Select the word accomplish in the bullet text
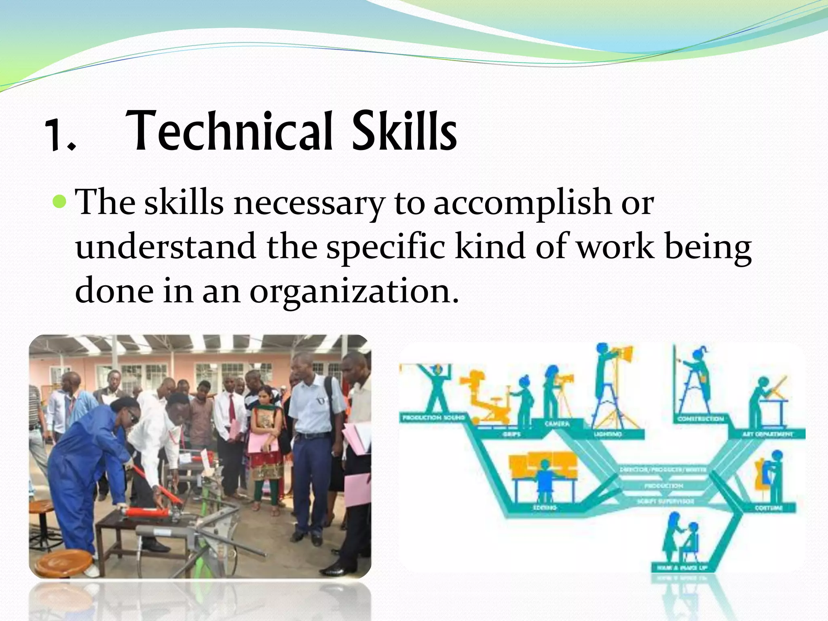tap(522, 203)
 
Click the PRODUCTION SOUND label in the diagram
tap(433, 417)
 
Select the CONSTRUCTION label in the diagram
tap(701, 419)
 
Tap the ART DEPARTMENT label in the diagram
tap(767, 434)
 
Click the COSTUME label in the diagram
tap(769, 508)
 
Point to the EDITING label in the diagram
tap(545, 507)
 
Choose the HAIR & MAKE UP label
tap(682, 568)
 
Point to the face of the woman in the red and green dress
tap(266, 395)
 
